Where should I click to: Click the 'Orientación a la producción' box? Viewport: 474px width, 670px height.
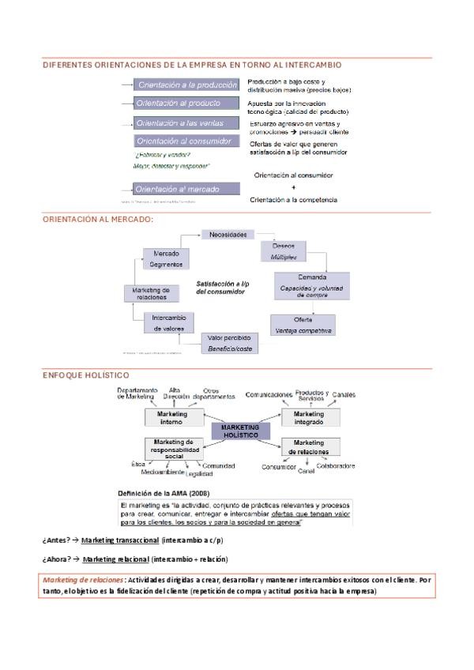pos(186,85)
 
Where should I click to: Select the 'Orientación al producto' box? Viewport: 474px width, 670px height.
pos(186,104)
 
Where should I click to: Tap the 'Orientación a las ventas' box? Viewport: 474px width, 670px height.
pos(186,123)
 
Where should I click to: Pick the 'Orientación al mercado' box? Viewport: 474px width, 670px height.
pos(186,190)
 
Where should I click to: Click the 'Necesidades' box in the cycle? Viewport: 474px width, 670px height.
pos(228,234)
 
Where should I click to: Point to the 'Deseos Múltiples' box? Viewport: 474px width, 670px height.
pos(283,251)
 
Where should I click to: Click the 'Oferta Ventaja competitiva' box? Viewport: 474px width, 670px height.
pos(303,324)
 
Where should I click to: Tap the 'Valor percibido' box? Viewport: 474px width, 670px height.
pos(229,342)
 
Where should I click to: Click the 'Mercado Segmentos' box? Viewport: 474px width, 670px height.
pos(166,258)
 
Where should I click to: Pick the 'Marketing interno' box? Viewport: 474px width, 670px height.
pos(171,418)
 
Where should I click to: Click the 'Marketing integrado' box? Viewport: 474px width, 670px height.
pos(309,418)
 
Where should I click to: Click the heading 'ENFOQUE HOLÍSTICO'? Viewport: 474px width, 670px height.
pos(86,375)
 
